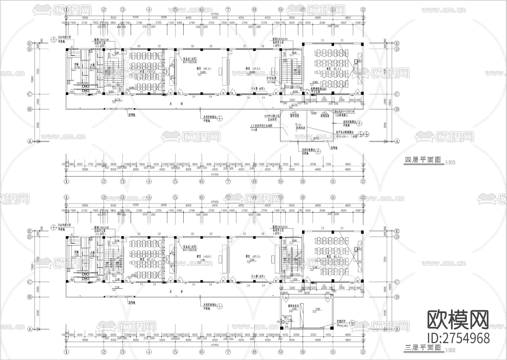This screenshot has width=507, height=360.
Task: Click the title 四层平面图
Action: point(422,160)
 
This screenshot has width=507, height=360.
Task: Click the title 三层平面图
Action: point(422,348)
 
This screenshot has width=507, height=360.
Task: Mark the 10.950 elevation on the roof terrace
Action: point(316,138)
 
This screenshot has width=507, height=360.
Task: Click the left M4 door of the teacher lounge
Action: point(286,298)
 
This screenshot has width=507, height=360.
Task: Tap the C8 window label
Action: point(278,321)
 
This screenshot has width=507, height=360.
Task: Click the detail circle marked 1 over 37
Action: point(361,134)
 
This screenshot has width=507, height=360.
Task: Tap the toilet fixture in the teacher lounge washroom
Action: point(286,326)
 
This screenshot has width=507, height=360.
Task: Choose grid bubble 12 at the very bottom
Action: point(363,352)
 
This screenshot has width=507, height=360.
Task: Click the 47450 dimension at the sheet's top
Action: point(215,14)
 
